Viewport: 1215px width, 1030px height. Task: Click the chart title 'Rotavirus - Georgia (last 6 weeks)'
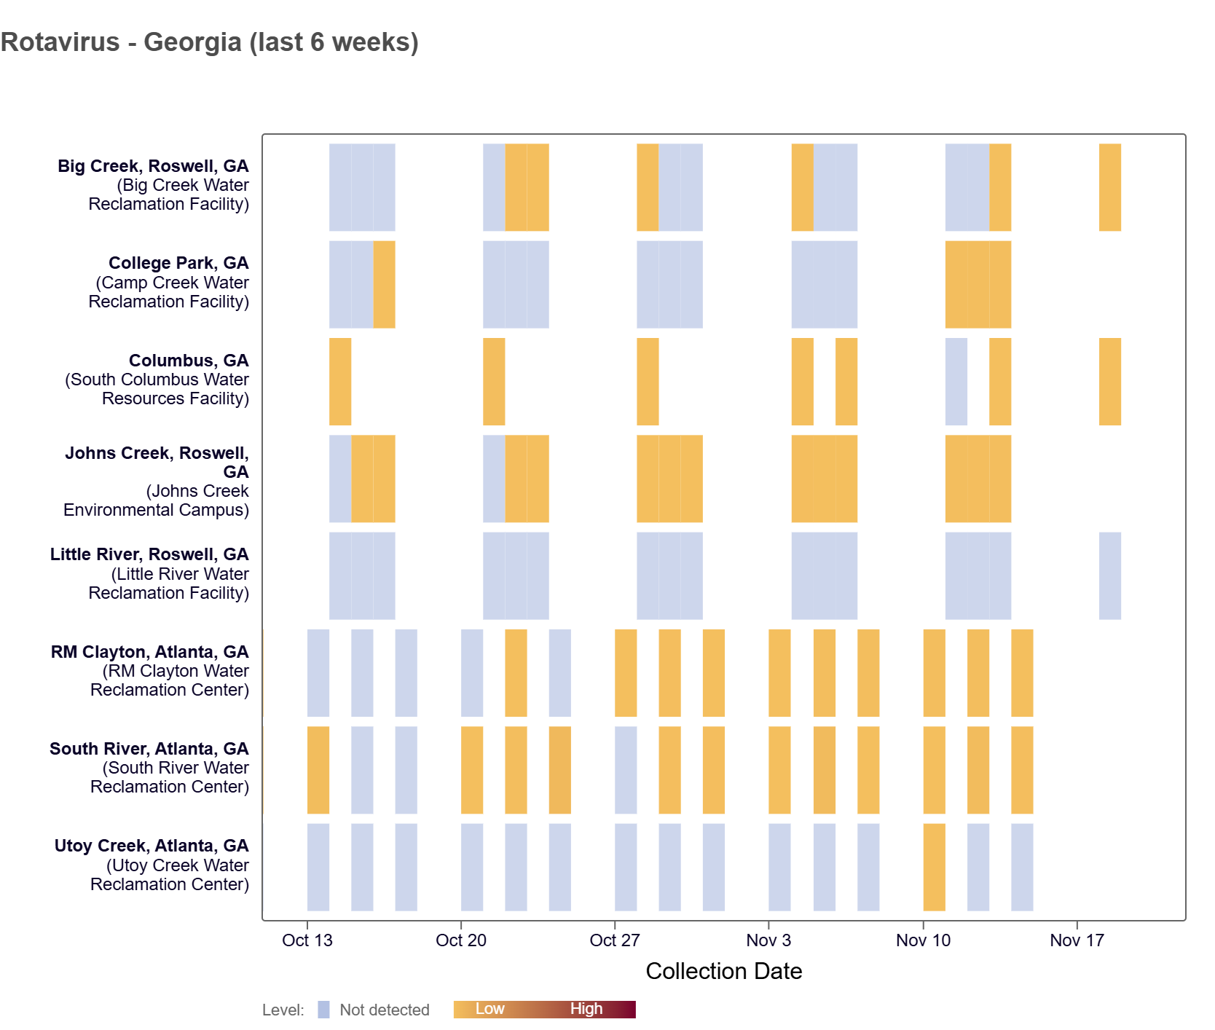tap(210, 42)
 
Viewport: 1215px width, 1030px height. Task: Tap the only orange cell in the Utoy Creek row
tap(934, 867)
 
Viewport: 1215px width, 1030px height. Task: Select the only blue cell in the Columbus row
tap(956, 382)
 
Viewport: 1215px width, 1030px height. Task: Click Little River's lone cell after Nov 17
tap(1109, 575)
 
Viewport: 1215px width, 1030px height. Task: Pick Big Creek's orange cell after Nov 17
tap(1109, 187)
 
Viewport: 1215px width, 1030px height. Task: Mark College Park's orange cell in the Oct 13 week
tap(384, 284)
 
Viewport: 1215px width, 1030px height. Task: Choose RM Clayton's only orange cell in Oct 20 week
tap(516, 673)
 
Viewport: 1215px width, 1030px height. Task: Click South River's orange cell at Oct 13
tap(318, 770)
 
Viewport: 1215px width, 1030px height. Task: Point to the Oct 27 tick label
tap(614, 940)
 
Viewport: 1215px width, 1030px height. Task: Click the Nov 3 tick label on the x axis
tap(768, 940)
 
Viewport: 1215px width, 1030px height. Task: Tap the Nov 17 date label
tap(1077, 940)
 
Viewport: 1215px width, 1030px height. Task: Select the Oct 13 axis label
tap(307, 940)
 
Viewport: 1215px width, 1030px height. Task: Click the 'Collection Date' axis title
tap(723, 971)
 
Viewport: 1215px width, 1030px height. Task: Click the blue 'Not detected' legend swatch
tap(323, 1010)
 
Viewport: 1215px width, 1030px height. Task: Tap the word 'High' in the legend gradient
tap(586, 1009)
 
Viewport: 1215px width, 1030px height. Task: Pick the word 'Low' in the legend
tap(489, 1009)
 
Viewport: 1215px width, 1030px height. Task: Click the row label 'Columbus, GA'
tap(189, 361)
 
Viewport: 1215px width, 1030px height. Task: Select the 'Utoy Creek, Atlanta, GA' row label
tap(152, 846)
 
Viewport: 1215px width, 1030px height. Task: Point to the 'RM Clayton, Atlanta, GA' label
tap(149, 652)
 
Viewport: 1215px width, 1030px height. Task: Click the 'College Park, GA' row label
tap(178, 263)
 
